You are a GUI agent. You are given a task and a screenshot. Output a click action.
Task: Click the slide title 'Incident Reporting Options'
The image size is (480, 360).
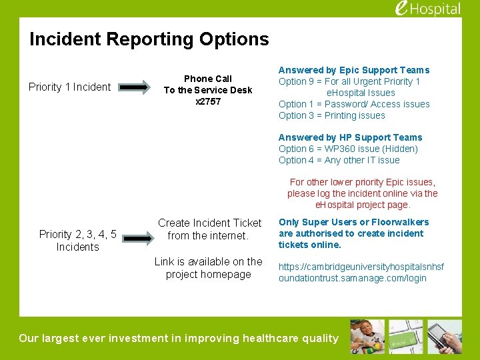point(149,39)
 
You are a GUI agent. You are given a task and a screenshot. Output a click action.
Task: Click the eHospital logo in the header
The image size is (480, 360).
point(427,9)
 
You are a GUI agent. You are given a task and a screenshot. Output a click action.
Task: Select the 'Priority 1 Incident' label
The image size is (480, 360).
point(69,87)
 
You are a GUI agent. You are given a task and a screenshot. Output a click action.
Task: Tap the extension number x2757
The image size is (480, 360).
point(208,101)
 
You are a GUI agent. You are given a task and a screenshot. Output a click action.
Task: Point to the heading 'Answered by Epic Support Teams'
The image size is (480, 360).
point(353,70)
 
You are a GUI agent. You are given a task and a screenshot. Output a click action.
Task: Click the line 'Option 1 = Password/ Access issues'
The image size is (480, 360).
point(353,104)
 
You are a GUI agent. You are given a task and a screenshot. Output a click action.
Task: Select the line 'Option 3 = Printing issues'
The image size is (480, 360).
point(331,115)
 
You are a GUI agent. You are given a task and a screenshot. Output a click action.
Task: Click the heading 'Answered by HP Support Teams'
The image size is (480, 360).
point(350,137)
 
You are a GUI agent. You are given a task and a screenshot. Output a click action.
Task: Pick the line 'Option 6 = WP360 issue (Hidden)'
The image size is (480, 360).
point(348,149)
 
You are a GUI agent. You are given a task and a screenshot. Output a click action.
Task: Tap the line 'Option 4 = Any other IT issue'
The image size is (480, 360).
point(339,160)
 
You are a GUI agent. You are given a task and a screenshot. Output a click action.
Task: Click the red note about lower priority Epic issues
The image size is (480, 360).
point(362,193)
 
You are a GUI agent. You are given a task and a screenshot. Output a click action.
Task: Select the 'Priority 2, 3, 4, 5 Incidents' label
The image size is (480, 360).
point(77,240)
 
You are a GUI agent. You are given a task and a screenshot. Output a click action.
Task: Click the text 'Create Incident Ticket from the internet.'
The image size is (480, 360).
point(209,229)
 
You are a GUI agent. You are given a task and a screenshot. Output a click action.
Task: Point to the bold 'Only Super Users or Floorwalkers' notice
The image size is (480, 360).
point(353,233)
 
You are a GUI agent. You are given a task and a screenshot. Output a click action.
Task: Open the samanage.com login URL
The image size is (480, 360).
point(361,272)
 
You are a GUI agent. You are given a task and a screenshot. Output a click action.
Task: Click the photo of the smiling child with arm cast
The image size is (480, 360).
point(367,336)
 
